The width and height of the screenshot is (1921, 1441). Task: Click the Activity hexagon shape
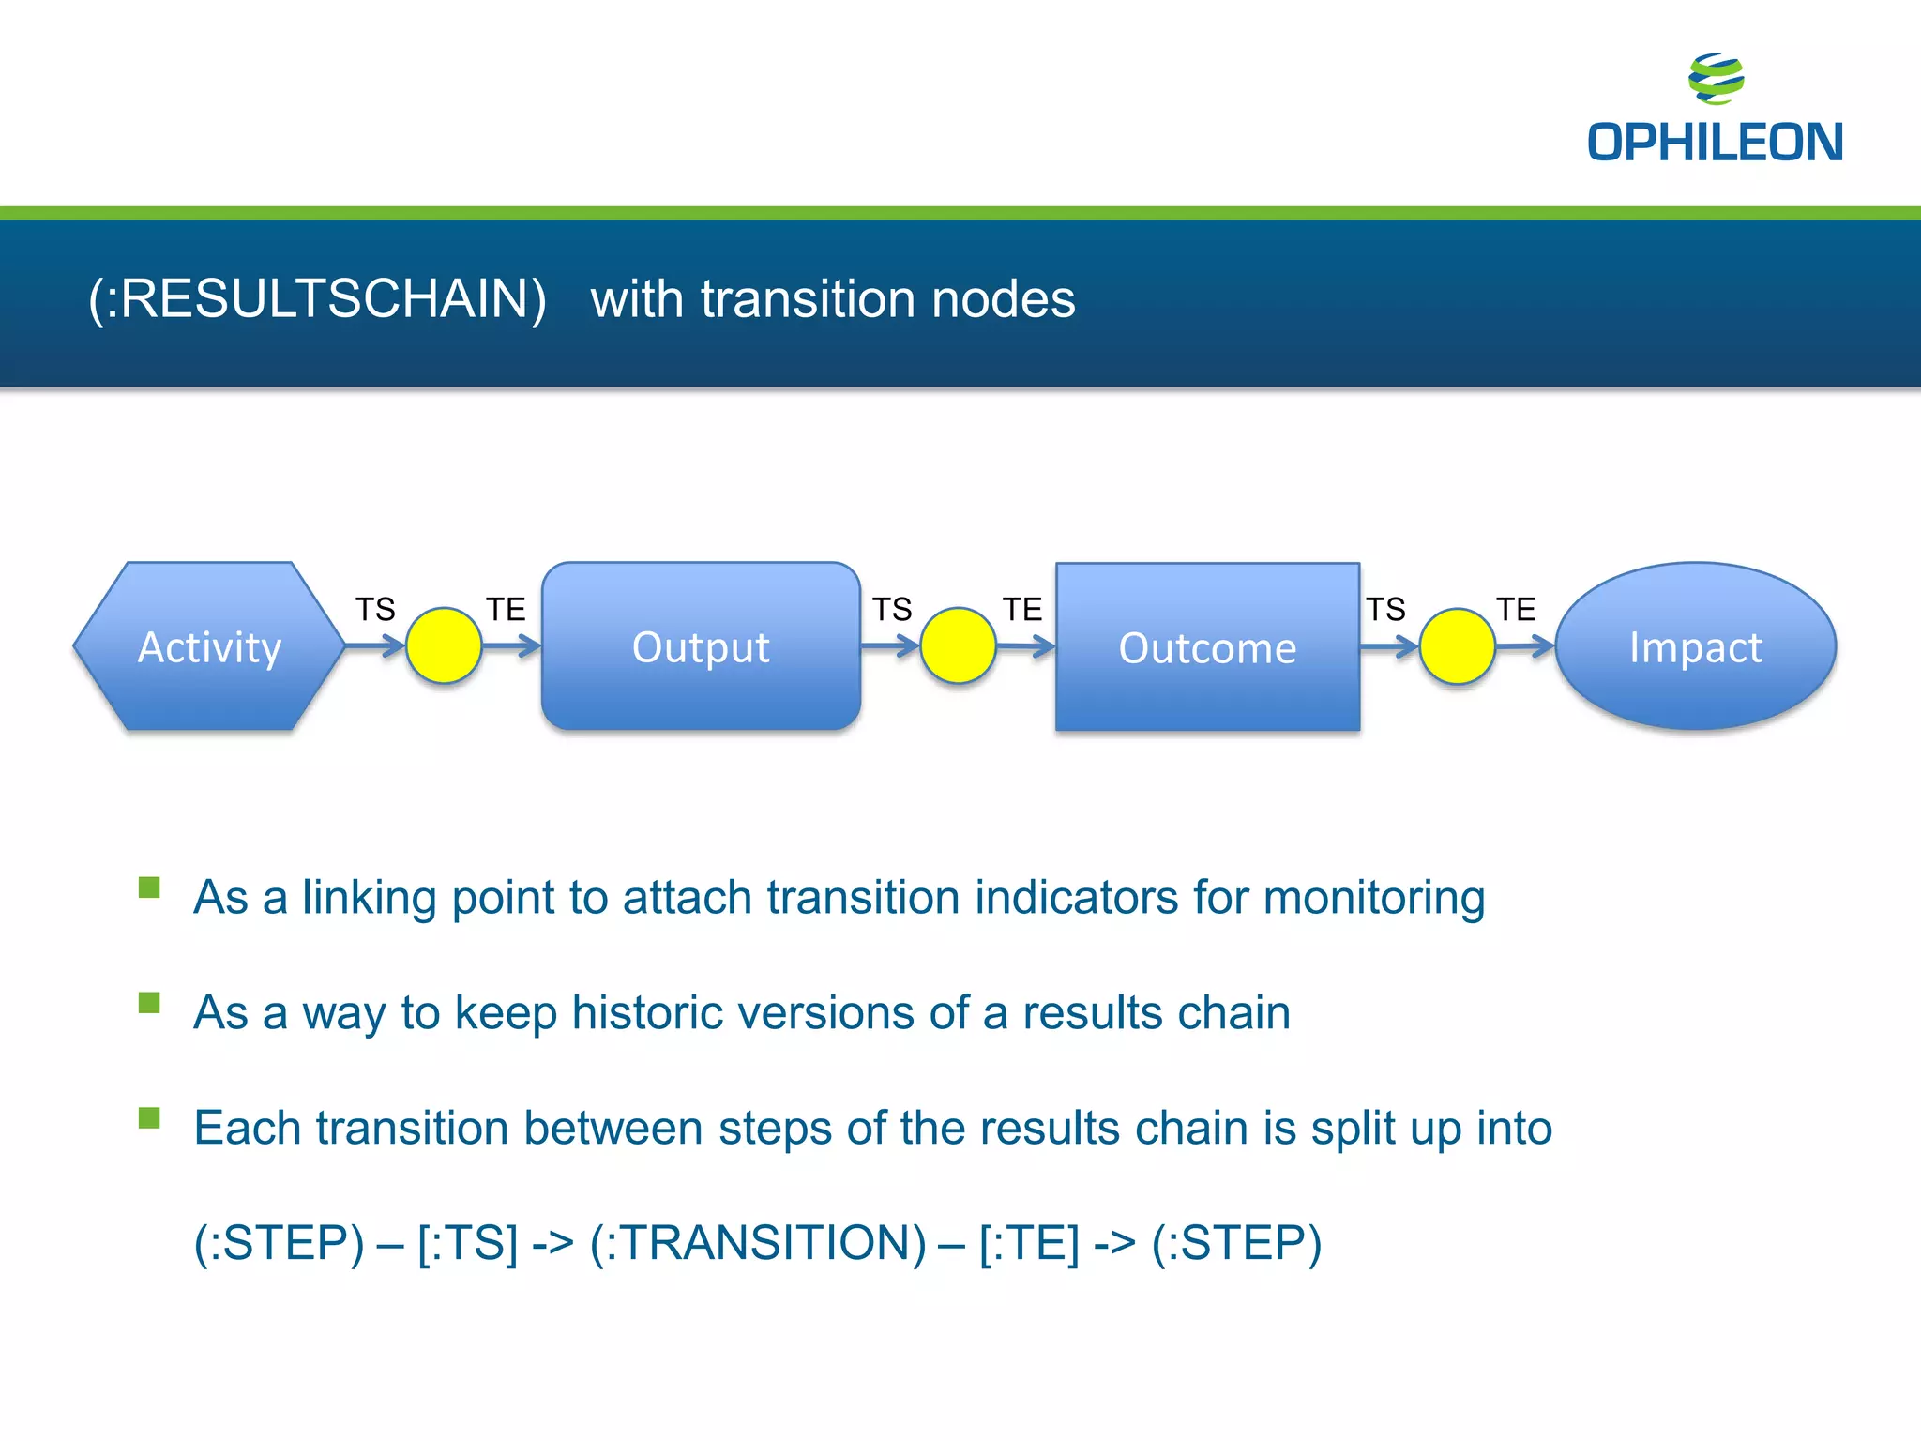coord(209,646)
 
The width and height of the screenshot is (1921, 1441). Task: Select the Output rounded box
coord(701,646)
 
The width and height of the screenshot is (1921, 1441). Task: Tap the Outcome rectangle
coord(1207,646)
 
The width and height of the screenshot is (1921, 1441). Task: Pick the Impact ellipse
coord(1695,646)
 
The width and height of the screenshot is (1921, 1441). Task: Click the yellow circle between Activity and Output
coord(444,645)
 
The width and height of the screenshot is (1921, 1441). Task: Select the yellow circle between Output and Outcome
coord(958,645)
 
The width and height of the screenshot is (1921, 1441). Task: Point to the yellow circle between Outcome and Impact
coord(1457,645)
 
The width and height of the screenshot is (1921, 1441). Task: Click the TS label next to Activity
coord(375,610)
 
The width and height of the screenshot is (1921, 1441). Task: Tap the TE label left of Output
coord(506,610)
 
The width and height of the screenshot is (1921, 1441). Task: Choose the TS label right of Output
coord(892,610)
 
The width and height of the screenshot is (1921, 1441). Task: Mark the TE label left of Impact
coord(1516,610)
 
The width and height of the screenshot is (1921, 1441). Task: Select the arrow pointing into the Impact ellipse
coord(1525,645)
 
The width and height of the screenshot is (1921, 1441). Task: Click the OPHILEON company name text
coord(1715,143)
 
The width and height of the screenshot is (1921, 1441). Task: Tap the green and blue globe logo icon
coord(1716,79)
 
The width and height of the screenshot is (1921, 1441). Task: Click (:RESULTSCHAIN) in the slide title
coord(317,299)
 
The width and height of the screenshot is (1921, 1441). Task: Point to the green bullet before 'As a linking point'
coord(149,887)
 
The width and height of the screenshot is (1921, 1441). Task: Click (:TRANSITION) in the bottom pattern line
coord(758,1243)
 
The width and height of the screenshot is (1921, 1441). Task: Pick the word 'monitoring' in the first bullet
coord(1374,898)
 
